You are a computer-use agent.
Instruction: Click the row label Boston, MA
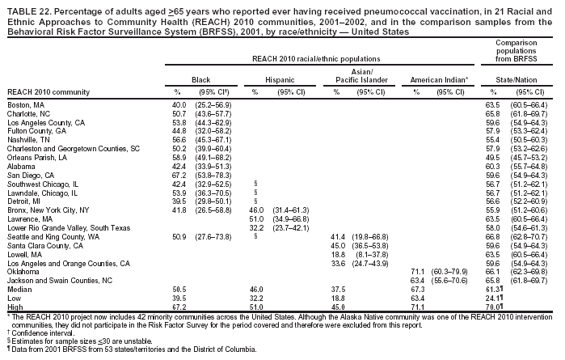pos(26,106)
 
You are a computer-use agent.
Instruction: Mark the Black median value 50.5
pos(179,287)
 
